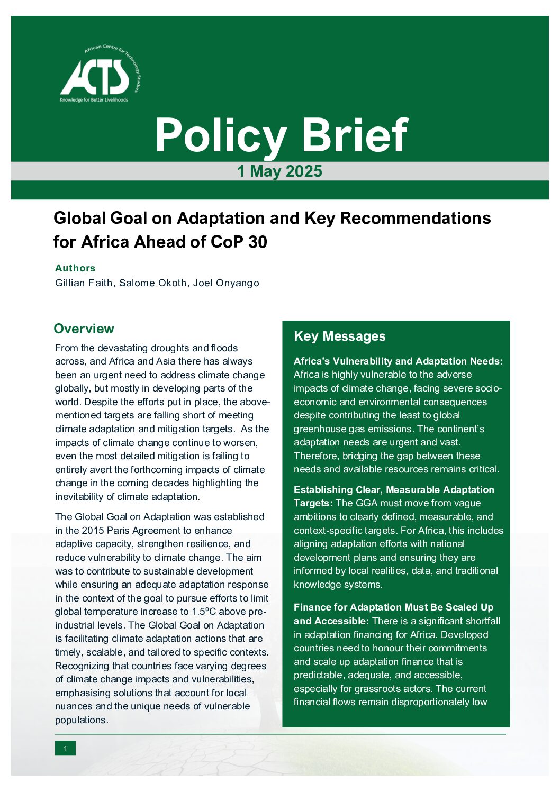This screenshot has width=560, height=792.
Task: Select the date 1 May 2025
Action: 279,171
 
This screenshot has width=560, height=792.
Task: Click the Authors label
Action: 75,268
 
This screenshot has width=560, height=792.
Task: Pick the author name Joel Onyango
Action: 226,283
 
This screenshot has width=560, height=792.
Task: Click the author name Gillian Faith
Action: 84,283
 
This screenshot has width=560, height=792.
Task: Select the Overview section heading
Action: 84,329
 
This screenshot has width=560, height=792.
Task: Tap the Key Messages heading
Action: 339,336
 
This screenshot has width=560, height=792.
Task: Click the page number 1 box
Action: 65,748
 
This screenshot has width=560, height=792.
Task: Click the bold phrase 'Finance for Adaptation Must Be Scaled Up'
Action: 393,607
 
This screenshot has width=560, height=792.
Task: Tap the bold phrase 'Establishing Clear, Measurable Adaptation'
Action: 394,490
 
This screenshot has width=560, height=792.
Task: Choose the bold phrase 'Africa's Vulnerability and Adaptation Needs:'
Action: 398,361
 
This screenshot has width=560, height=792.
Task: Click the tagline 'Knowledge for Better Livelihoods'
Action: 94,100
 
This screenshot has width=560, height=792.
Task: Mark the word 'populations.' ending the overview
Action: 82,720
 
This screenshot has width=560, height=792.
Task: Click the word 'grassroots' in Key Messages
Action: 378,689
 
